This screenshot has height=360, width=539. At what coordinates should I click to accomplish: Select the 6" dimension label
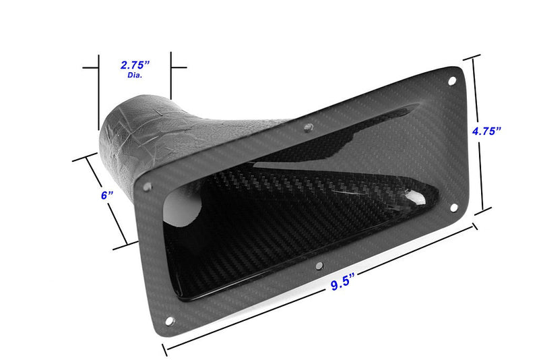tap(105, 195)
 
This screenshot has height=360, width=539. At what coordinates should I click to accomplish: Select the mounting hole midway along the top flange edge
tap(307, 127)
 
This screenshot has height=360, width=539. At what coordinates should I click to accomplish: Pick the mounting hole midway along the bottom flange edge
tap(319, 266)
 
